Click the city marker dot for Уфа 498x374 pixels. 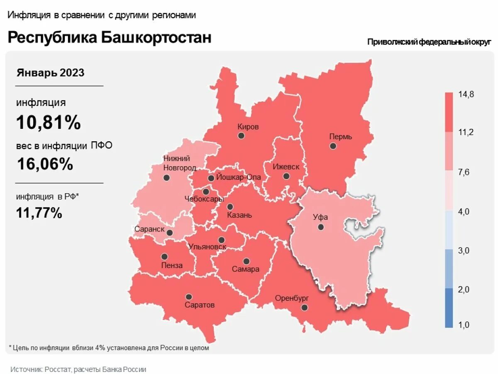click(x=321, y=227)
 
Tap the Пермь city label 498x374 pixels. click(x=340, y=136)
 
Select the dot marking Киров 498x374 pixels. click(x=241, y=136)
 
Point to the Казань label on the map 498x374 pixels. click(x=239, y=215)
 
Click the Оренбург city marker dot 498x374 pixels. click(x=305, y=308)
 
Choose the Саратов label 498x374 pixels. click(x=200, y=305)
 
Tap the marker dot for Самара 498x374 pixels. click(x=247, y=261)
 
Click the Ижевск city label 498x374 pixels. click(x=286, y=167)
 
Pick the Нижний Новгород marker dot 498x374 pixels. click(x=166, y=177)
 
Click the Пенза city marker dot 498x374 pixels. click(x=164, y=257)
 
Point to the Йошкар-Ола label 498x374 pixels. click(x=239, y=177)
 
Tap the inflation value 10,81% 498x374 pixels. click(x=49, y=123)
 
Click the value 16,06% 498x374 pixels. click(x=45, y=164)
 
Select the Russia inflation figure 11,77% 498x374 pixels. click(x=39, y=213)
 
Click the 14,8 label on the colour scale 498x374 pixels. click(x=466, y=94)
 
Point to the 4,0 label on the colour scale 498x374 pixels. click(x=464, y=212)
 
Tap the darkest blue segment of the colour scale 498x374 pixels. click(x=449, y=308)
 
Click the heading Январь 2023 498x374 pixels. click(x=50, y=73)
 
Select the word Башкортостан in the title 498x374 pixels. click(x=156, y=37)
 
